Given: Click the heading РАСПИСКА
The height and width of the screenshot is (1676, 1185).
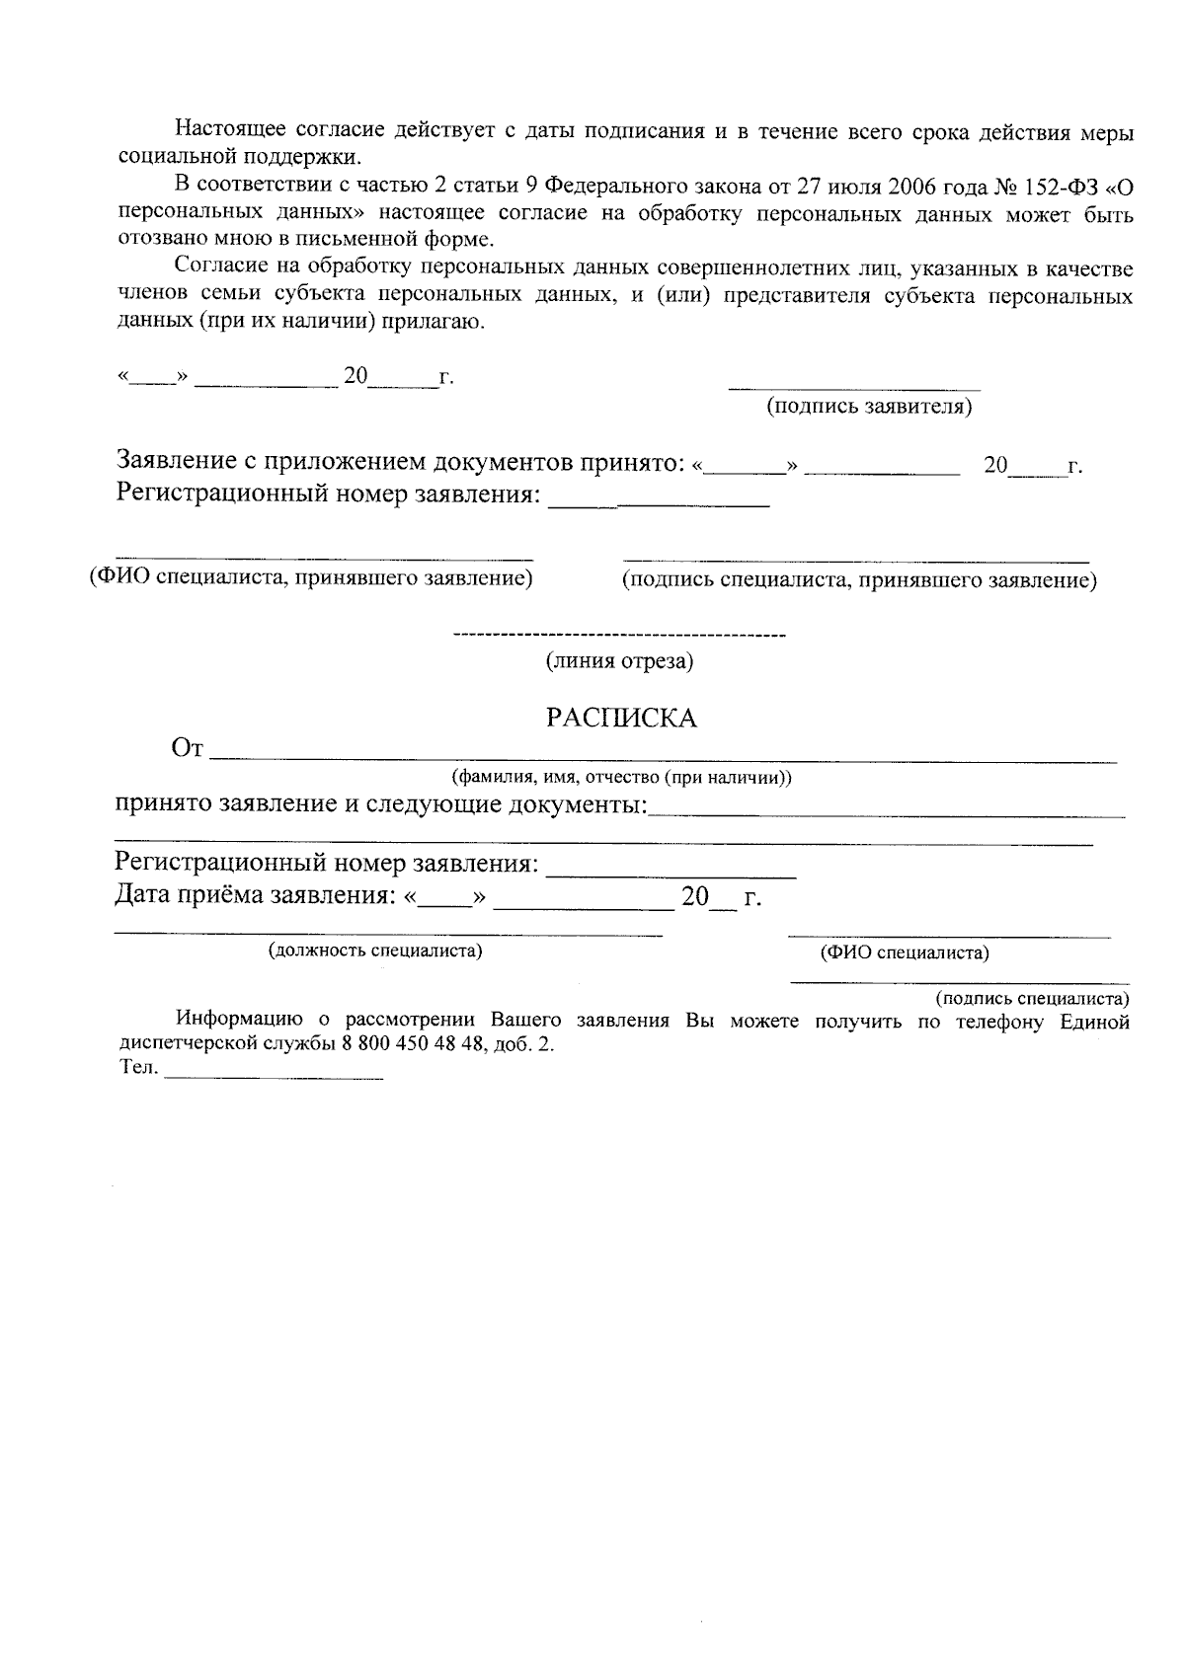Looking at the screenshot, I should tap(621, 719).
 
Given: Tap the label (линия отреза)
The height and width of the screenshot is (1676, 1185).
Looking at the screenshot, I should tap(620, 662).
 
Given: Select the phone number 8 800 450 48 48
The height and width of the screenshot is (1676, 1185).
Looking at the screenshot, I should tap(410, 1046).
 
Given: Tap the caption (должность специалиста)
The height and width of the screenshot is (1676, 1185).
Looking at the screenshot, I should tap(375, 952).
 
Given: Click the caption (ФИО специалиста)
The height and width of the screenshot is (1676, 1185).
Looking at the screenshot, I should tap(905, 953).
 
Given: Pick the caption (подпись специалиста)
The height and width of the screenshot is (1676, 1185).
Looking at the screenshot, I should tap(1032, 999).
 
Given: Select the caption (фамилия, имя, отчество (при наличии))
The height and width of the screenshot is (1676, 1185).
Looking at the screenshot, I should tap(621, 778).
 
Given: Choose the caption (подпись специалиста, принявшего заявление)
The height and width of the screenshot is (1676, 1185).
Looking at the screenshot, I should tap(858, 581).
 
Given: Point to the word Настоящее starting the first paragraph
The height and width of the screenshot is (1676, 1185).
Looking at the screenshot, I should tap(232, 130).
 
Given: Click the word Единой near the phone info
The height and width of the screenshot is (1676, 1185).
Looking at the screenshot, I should tap(1094, 1023).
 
